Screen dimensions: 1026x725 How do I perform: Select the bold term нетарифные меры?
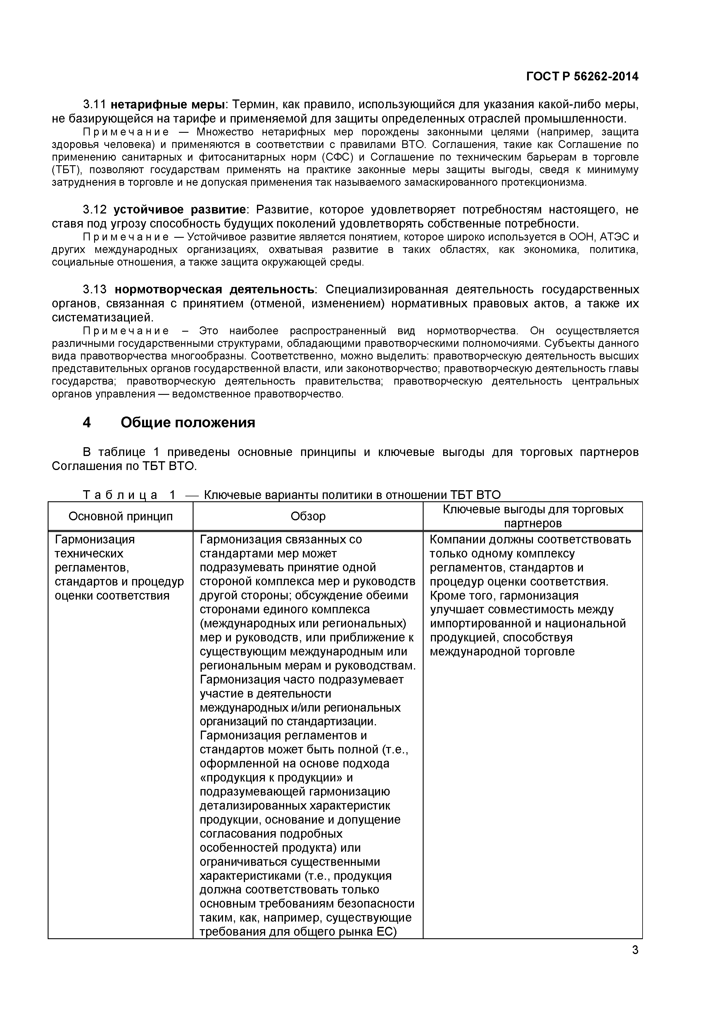pos(167,105)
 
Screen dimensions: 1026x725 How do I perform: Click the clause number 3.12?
pos(95,210)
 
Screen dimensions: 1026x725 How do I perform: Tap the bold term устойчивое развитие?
pos(179,210)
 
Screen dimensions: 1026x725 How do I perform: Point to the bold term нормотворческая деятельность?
pos(214,290)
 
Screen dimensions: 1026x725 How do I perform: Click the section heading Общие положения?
pos(188,422)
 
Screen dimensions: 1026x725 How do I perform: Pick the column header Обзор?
pos(308,516)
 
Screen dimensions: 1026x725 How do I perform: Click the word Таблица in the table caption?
pos(121,495)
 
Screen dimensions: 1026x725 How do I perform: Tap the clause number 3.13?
pos(95,290)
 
